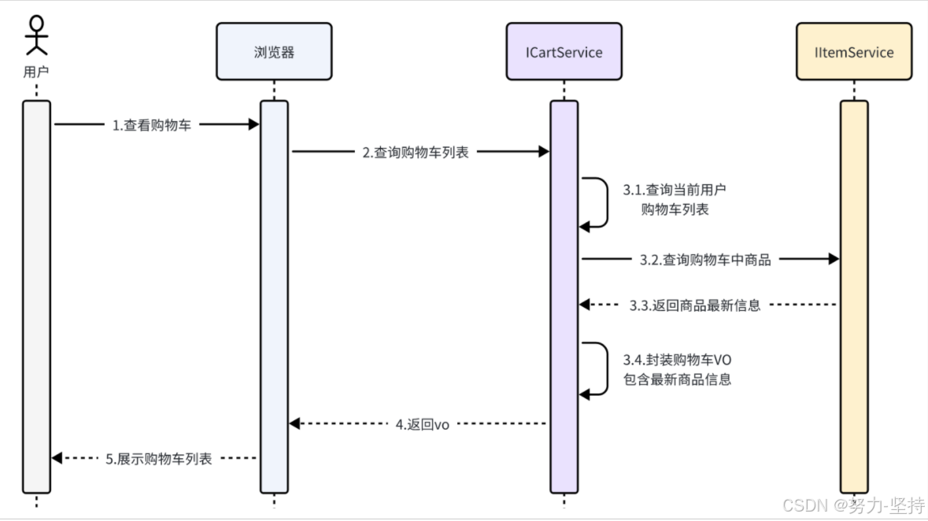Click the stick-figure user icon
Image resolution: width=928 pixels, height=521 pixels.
click(36, 35)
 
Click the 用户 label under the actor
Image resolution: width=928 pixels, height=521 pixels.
click(36, 72)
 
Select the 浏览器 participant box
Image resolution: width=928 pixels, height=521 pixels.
click(274, 52)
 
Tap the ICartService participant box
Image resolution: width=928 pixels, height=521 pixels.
click(564, 52)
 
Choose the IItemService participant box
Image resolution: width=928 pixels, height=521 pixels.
click(853, 52)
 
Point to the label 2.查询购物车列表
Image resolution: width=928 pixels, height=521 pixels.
click(416, 153)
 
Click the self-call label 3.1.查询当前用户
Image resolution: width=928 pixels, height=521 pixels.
click(675, 190)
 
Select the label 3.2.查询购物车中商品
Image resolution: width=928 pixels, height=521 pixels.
click(705, 260)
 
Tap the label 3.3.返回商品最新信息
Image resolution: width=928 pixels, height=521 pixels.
click(695, 305)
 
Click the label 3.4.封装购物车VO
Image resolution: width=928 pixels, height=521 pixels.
click(678, 360)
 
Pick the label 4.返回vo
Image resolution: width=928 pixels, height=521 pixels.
click(422, 424)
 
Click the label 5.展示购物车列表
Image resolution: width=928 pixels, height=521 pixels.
click(159, 459)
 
